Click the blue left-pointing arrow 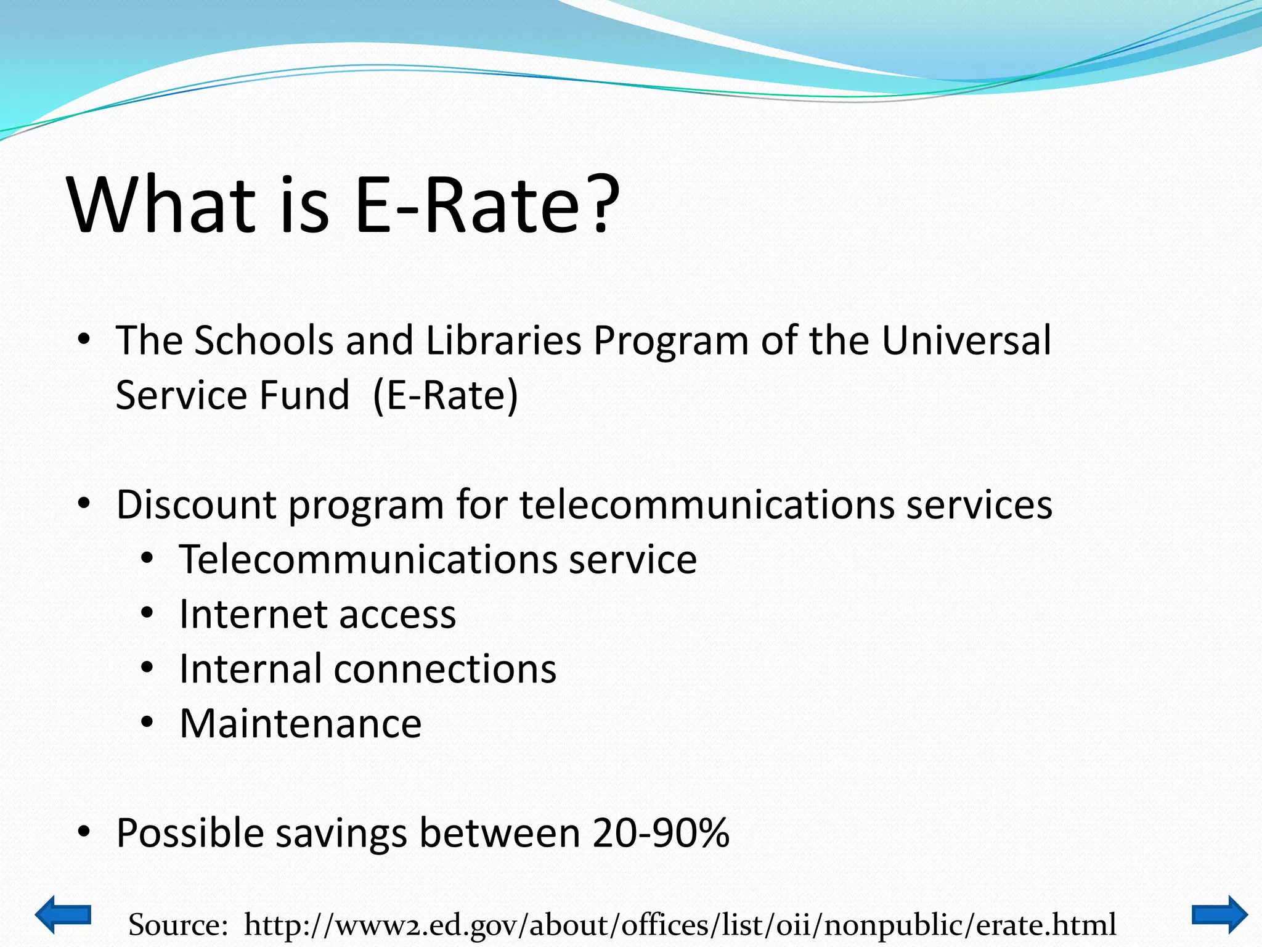[63, 914]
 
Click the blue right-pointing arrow [1219, 914]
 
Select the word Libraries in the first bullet [503, 340]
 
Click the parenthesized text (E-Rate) [446, 395]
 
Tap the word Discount [196, 505]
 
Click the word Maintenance [300, 724]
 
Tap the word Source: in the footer [178, 925]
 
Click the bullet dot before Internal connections [147, 668]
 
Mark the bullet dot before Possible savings [84, 833]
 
